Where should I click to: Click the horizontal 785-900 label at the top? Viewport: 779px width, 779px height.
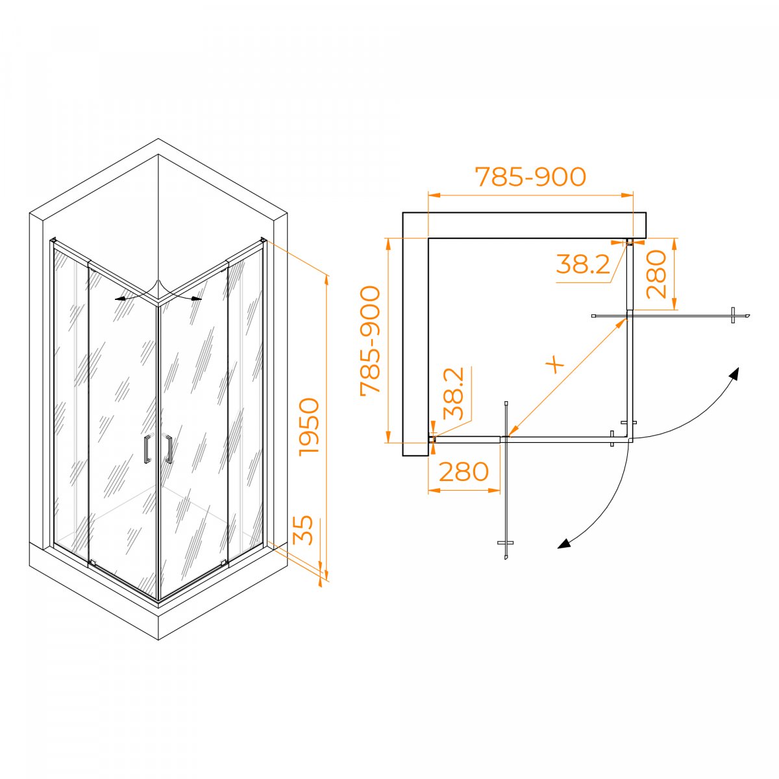tap(530, 177)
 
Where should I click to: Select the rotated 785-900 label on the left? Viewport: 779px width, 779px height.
tap(370, 340)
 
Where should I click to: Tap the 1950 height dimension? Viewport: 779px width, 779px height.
tap(309, 427)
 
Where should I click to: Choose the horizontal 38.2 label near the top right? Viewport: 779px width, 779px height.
tap(582, 264)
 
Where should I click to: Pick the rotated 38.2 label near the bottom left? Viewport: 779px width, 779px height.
tap(452, 393)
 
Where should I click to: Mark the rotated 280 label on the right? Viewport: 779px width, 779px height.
tap(656, 275)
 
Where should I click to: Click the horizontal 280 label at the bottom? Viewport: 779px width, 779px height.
tap(464, 472)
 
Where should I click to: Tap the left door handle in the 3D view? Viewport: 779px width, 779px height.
tap(147, 449)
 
